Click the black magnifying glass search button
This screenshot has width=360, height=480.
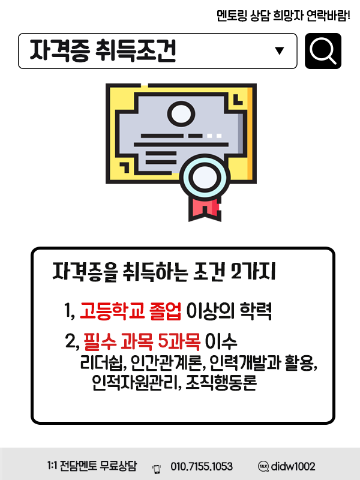click(323, 51)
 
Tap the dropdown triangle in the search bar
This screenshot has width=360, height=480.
click(279, 51)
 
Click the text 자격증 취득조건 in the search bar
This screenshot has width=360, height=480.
click(103, 52)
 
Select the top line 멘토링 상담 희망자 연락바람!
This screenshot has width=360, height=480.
click(283, 15)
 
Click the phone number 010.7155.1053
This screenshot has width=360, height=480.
click(202, 466)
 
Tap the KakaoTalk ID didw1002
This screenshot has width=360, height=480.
click(293, 466)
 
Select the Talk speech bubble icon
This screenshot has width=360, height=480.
click(263, 466)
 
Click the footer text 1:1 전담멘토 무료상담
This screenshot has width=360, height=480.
click(92, 466)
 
